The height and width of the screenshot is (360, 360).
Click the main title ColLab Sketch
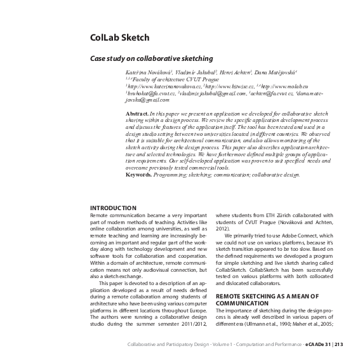[120, 37]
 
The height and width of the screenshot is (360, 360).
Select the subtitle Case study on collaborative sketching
[151, 57]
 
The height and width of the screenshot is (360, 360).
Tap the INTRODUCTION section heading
[113, 208]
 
